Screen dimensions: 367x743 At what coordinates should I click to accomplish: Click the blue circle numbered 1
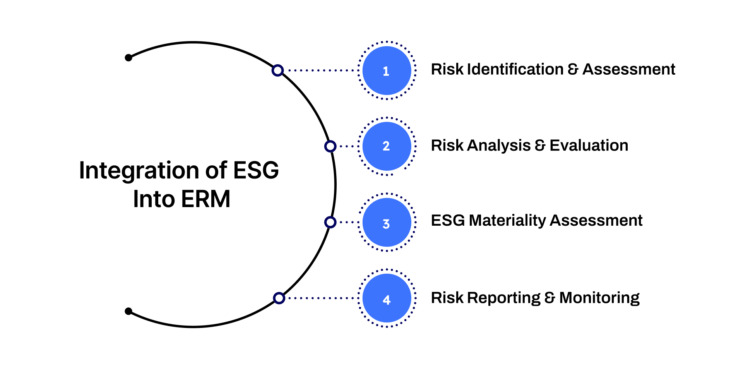(x=387, y=70)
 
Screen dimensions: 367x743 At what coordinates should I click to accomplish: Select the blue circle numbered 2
(x=387, y=146)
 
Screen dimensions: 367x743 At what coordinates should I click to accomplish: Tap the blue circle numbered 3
(x=387, y=223)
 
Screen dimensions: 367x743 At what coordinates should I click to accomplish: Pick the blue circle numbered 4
(x=387, y=298)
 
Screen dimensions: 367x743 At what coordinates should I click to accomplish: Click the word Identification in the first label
(x=515, y=69)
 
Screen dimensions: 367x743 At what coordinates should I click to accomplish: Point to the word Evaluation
(x=589, y=146)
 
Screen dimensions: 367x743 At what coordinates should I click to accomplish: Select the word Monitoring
(x=599, y=298)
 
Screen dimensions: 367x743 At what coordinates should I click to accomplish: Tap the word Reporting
(x=503, y=298)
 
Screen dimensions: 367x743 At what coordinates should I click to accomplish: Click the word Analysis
(x=499, y=146)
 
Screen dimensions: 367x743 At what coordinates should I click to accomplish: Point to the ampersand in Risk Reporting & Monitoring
(x=550, y=298)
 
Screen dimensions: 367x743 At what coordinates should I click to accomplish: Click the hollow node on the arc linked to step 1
(x=277, y=70)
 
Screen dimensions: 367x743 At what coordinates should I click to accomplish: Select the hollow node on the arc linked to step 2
(x=330, y=146)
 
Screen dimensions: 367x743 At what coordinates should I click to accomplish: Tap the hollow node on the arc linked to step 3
(x=330, y=222)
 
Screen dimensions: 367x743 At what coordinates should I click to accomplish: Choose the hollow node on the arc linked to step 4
(x=279, y=298)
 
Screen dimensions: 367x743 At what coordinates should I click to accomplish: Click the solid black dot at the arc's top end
(x=128, y=58)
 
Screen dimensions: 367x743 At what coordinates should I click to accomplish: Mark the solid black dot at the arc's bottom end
(x=128, y=311)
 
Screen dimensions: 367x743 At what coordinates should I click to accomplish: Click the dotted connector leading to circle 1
(x=321, y=70)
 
